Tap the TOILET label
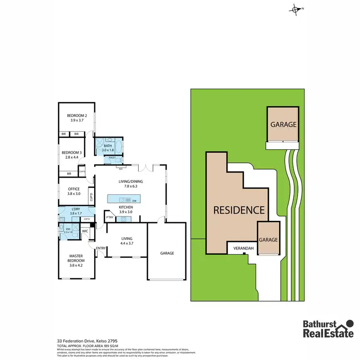112,157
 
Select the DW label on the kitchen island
135,200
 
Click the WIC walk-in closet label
85,231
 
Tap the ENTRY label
101,248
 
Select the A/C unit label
120,168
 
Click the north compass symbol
296,9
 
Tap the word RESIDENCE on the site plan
239,210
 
